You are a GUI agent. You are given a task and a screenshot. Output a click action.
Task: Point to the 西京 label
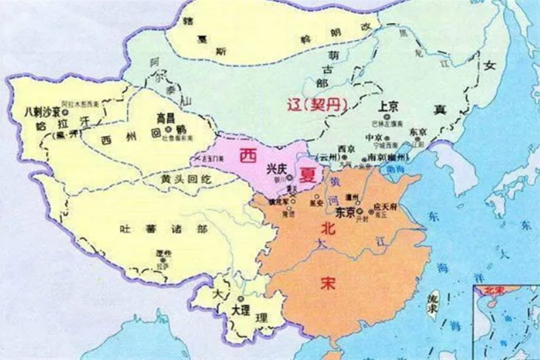[346, 149]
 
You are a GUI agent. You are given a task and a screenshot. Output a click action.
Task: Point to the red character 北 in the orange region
[327, 230]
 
